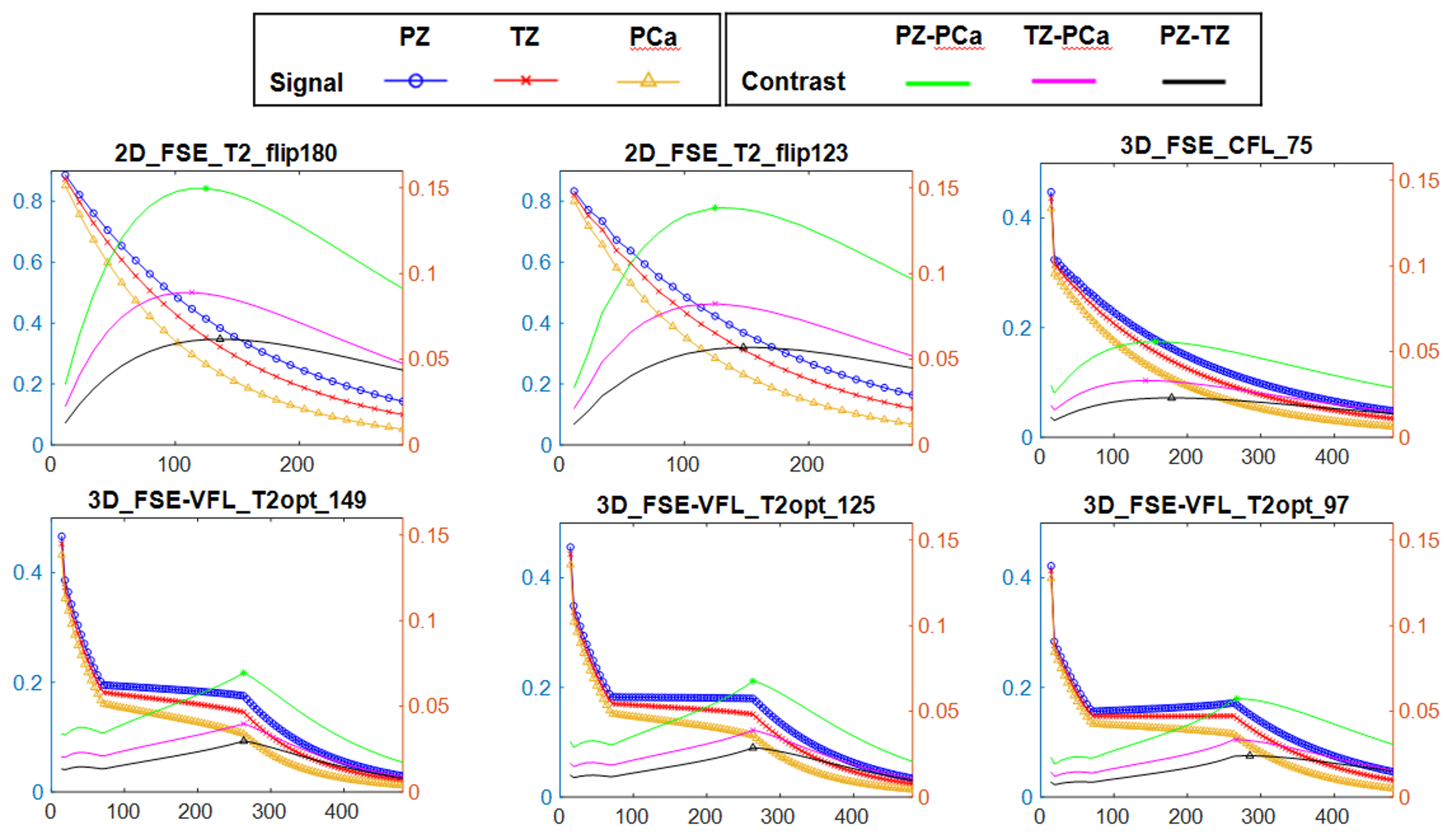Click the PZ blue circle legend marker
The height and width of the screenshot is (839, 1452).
[x=416, y=81]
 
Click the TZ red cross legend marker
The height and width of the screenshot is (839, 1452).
[x=526, y=81]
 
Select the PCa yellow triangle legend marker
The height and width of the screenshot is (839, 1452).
[x=648, y=81]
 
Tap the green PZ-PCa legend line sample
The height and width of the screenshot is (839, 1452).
[x=938, y=83]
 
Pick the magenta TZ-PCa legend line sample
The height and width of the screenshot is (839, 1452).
[x=1064, y=81]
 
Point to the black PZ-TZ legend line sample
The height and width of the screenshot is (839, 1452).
[x=1193, y=81]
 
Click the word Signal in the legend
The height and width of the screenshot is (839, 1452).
[x=306, y=83]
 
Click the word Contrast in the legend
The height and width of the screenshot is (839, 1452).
[x=793, y=81]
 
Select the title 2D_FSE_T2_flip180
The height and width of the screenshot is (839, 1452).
[x=226, y=153]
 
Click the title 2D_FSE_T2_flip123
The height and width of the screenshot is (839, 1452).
[x=736, y=153]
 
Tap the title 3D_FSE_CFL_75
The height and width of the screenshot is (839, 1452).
[x=1216, y=146]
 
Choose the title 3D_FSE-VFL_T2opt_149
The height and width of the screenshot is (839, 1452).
[x=227, y=500]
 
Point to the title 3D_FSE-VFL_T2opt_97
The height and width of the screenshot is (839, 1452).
[x=1216, y=505]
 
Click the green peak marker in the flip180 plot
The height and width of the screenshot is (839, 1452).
[x=206, y=188]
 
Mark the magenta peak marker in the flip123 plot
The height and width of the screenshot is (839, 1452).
[x=715, y=304]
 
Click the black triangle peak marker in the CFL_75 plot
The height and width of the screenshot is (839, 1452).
[x=1172, y=397]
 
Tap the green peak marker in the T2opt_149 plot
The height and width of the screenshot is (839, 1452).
[x=243, y=672]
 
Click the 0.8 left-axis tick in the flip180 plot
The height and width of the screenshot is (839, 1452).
[x=28, y=201]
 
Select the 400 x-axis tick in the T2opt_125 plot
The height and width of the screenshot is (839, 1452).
[x=851, y=816]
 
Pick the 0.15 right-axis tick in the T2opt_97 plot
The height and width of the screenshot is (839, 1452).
[x=1418, y=541]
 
